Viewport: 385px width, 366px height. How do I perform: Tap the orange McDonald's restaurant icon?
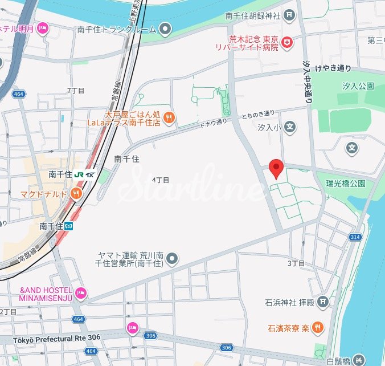pos(76,194)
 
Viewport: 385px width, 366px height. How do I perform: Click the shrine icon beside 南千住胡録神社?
pos(290,14)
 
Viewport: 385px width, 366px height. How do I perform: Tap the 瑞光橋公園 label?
pos(345,184)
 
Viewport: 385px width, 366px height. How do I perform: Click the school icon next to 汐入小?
pos(290,127)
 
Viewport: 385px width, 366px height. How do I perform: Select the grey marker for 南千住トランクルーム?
pos(165,28)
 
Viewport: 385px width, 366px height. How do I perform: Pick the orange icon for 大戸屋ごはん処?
pos(169,118)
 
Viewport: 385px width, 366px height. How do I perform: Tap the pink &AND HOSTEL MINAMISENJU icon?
pos(81,293)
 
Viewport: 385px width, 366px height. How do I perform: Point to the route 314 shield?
pos(356,236)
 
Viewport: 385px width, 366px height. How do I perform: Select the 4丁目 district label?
pos(161,180)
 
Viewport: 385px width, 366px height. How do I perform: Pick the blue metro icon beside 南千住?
pos(69,226)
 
